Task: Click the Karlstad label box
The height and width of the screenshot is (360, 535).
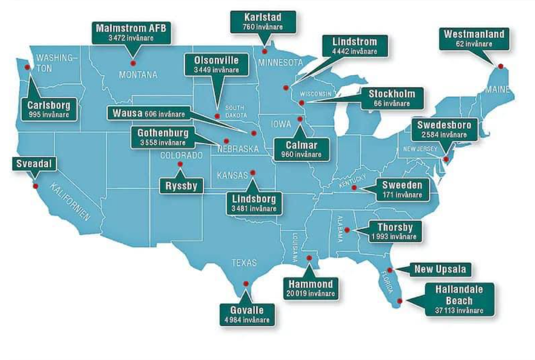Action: [x=263, y=22]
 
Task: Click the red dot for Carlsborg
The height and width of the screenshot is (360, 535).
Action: [x=27, y=67]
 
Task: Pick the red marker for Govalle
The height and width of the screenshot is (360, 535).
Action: [x=246, y=283]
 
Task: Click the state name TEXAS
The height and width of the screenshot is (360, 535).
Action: [x=244, y=263]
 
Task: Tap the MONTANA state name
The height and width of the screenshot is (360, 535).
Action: [x=138, y=75]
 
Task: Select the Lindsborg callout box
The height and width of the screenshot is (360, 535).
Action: [x=254, y=203]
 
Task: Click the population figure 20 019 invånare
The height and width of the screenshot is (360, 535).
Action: [x=311, y=293]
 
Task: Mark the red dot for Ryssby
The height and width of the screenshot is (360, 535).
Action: [x=180, y=164]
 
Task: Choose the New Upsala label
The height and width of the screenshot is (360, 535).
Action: [x=440, y=270]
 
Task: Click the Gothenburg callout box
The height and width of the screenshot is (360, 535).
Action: [x=163, y=137]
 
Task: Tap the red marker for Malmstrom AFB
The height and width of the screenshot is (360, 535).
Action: [x=133, y=63]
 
